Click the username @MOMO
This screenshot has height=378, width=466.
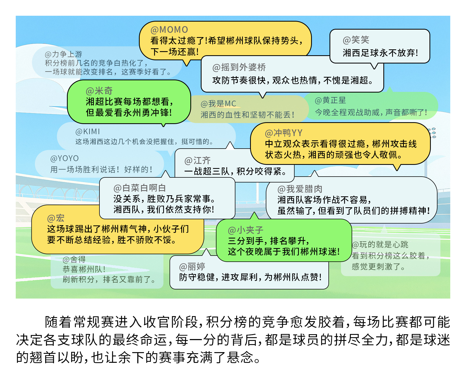tap(169, 30)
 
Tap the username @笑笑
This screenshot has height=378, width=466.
tap(356, 40)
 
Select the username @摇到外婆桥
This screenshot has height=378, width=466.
tap(239, 67)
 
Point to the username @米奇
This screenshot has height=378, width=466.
tap(99, 91)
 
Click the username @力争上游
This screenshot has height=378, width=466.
tap(63, 54)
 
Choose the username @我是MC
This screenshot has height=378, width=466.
tap(218, 104)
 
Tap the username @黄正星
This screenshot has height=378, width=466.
tap(330, 101)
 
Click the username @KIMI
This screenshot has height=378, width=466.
tap(88, 132)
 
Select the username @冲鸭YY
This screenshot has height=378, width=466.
tap(284, 133)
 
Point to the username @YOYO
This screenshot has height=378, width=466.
tap(65, 158)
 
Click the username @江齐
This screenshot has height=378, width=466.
tap(197, 161)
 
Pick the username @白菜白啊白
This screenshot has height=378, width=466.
tap(139, 188)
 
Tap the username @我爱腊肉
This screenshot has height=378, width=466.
tap(300, 189)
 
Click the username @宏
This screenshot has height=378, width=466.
tap(56, 218)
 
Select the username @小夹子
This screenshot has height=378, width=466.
tap(246, 230)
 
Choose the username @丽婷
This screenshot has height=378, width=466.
tap(192, 266)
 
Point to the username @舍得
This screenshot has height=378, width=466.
tap(74, 259)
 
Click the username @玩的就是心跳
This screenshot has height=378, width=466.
tap(380, 245)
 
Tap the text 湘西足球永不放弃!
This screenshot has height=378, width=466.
tap(380, 53)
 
